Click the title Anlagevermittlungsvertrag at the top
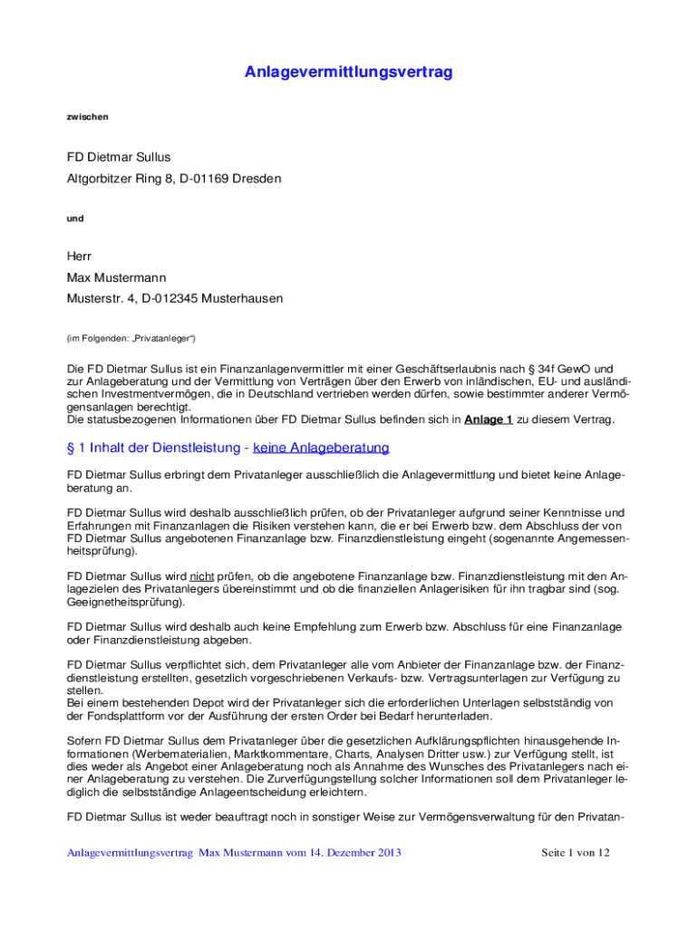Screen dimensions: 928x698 coord(348,72)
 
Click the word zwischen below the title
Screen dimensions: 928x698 coord(87,117)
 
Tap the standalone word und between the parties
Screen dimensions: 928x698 coord(75,218)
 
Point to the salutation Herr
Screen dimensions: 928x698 coord(80,257)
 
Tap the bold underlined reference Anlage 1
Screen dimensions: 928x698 coord(489,420)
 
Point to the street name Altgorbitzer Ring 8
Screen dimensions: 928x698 coord(123,179)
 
